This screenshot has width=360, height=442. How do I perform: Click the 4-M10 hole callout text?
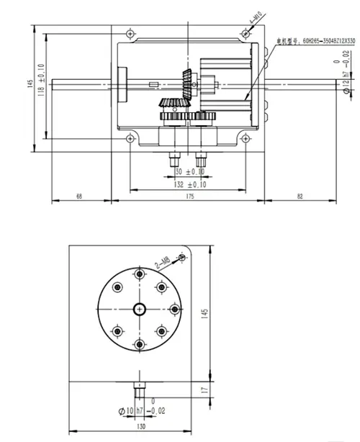252,28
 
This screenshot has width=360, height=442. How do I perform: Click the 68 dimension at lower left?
79,196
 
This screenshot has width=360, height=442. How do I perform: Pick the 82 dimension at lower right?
300,196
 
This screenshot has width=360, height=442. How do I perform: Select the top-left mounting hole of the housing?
129,35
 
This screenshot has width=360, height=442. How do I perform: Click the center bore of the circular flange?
139,309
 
